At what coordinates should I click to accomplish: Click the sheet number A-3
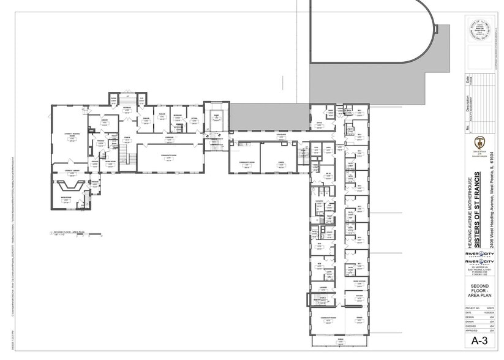pos(479,341)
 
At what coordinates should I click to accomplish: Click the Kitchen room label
pos(359,294)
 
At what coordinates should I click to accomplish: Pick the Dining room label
pos(359,317)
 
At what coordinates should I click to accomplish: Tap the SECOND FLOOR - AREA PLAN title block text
pos(479,291)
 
